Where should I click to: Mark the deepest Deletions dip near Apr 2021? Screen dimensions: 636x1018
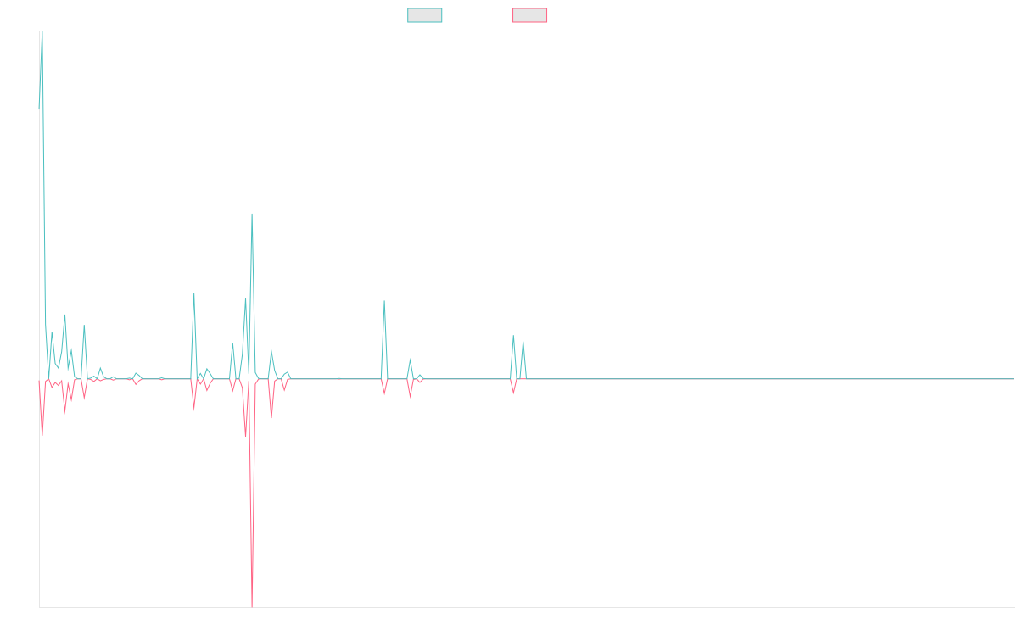252,584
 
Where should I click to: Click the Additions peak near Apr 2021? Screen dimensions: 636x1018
251,214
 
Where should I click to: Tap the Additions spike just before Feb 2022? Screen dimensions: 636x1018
384,301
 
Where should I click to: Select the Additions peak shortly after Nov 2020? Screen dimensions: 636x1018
194,293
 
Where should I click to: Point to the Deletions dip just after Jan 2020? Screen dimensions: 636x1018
42,435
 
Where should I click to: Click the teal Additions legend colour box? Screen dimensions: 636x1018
425,15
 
